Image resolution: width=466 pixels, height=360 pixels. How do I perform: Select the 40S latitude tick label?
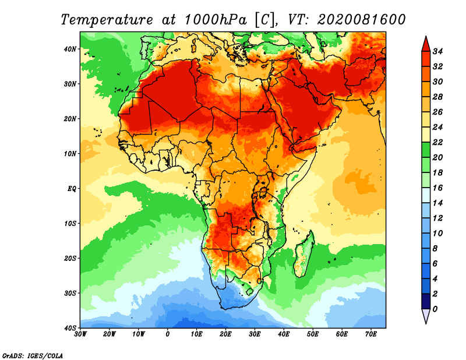tap(70, 328)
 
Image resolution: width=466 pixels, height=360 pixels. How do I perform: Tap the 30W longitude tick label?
tap(80, 334)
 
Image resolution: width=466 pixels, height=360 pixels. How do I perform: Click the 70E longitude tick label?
tap(370, 334)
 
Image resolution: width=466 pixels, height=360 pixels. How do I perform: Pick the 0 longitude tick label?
tap(168, 334)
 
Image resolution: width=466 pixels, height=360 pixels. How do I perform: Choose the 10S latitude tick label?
tap(70, 223)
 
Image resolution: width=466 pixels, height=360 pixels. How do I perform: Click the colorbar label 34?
tap(438, 51)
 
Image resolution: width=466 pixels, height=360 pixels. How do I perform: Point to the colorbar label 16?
tap(438, 188)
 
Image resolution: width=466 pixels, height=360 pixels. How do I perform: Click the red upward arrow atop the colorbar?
tap(425, 44)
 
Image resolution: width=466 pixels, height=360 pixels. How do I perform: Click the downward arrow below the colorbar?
tap(425, 316)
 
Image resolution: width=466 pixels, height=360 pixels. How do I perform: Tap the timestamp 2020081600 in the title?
tap(361, 20)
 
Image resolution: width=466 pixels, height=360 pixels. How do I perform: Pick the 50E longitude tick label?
tap(313, 334)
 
